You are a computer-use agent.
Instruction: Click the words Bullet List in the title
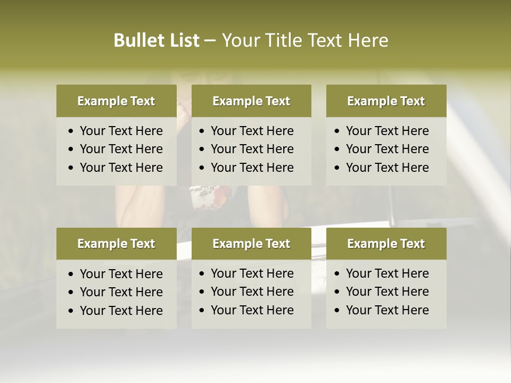pos(156,40)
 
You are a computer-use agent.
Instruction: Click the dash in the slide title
pos(210,41)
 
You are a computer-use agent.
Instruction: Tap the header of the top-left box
pos(116,101)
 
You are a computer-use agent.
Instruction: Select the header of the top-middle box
pos(251,101)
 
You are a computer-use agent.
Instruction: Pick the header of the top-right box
pos(386,101)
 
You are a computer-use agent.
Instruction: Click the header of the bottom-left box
pos(116,244)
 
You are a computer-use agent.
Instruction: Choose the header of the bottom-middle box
pos(251,244)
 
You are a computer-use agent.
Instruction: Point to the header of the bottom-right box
pos(386,244)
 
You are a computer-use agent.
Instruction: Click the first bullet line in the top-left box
pos(121,131)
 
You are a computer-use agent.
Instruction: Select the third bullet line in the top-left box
pos(121,168)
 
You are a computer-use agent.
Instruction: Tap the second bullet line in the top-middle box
pos(252,149)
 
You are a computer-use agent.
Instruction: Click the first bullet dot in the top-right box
pos(337,131)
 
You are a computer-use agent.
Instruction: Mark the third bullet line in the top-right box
pos(387,168)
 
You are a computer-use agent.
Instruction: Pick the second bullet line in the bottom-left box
pos(121,292)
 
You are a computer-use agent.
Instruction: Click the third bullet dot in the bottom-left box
pos(71,311)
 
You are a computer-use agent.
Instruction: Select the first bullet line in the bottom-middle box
pos(252,273)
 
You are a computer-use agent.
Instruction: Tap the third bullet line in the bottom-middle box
pos(252,310)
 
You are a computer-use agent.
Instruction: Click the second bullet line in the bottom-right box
pos(387,292)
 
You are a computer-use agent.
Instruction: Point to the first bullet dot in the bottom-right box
pos(337,274)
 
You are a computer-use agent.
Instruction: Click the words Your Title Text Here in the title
pos(304,40)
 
